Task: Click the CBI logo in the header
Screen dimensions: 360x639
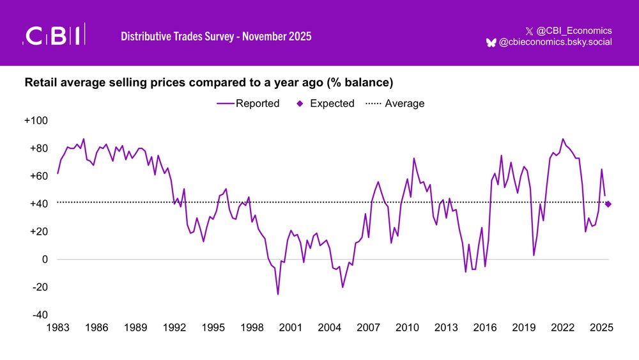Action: pos(54,35)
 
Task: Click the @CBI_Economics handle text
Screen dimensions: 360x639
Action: pos(573,30)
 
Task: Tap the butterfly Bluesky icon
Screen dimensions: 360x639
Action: pos(491,42)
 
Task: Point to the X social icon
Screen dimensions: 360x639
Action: pos(528,31)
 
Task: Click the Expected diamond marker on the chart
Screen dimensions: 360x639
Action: pos(608,204)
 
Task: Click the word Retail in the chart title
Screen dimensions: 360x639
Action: pos(40,83)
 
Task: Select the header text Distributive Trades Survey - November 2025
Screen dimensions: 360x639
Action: pos(216,36)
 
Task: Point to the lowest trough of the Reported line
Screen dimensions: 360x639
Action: pos(278,294)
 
